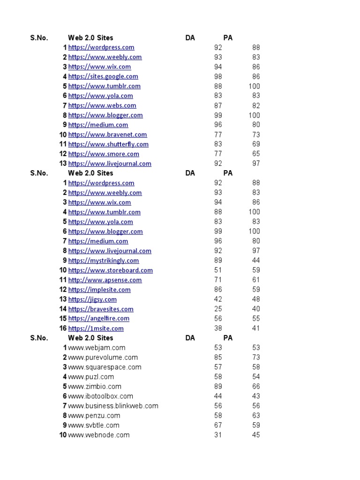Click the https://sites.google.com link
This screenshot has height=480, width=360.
click(103, 76)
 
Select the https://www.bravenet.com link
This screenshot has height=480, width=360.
click(107, 135)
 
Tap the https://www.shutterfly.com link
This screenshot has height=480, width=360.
click(108, 144)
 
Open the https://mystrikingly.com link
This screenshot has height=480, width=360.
click(104, 261)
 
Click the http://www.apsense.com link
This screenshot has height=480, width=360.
click(105, 280)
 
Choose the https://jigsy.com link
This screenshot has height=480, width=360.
click(92, 300)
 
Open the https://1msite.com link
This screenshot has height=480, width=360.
click(96, 329)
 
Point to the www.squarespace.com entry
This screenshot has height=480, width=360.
click(105, 367)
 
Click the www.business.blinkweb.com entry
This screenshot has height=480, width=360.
click(113, 406)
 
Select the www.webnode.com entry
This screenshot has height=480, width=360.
click(98, 435)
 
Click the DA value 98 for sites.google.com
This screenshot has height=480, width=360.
click(218, 76)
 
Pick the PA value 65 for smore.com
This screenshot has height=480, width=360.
click(255, 154)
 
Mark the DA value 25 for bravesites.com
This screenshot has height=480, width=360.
click(218, 309)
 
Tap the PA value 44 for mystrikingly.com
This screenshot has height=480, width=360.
click(255, 261)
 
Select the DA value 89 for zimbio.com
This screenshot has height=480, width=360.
click(218, 387)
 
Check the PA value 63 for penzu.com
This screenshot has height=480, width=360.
click(255, 416)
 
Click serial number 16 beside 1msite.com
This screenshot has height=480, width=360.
click(63, 329)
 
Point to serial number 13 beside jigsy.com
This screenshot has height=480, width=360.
click(63, 300)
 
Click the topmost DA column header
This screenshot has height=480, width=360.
click(190, 38)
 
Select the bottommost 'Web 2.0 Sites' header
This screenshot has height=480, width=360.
click(90, 338)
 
